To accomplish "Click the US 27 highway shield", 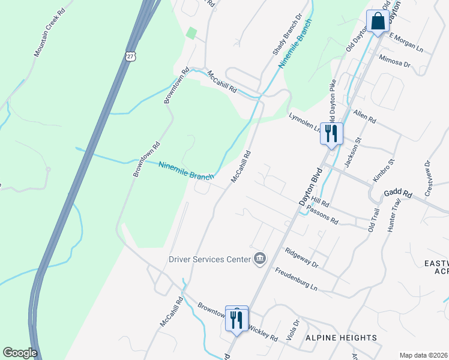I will [131, 56].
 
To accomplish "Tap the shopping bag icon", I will [378, 22].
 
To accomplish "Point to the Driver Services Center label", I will [209, 259].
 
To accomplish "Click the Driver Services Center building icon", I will [260, 259].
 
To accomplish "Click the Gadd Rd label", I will [399, 194].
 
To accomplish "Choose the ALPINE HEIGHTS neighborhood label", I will [342, 338].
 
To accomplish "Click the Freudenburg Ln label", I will [297, 278].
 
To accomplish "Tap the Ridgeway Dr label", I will [301, 258].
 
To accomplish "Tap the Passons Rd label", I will [322, 215].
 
